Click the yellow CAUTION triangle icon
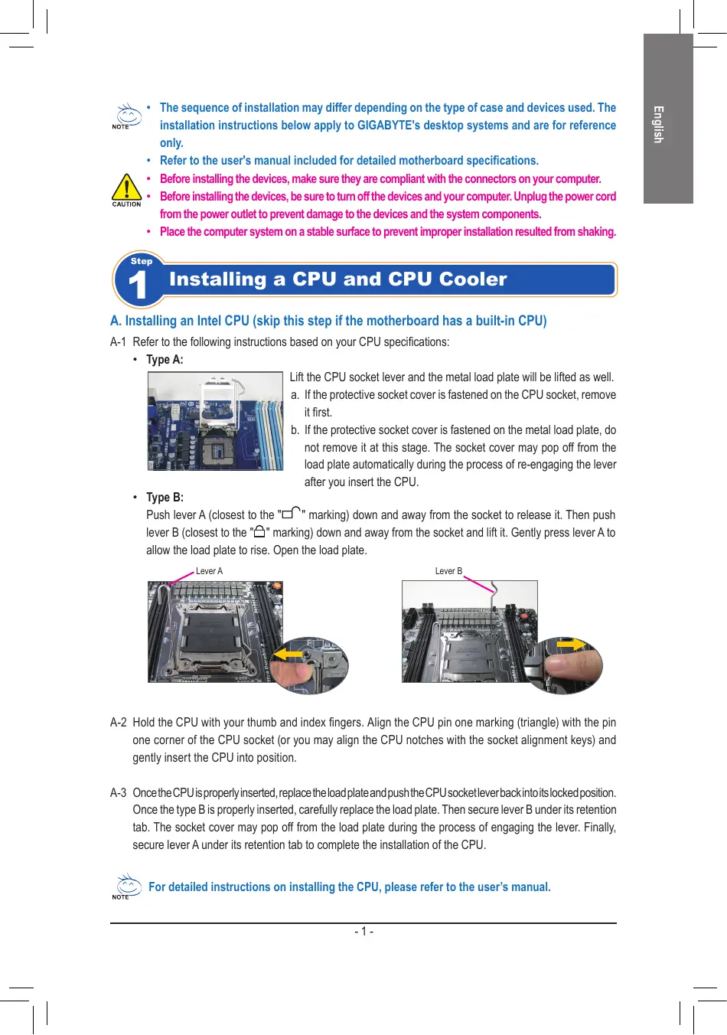click(126, 188)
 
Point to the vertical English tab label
click(657, 124)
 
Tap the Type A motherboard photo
click(215, 421)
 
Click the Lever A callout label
click(209, 571)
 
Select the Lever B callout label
click(448, 571)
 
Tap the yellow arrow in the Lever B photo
click(571, 645)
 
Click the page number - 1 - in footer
click(363, 932)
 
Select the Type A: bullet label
click(165, 360)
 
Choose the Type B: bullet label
click(165, 498)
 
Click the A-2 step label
click(118, 723)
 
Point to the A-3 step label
click(118, 793)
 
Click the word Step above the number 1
click(142, 261)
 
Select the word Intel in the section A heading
click(209, 321)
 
